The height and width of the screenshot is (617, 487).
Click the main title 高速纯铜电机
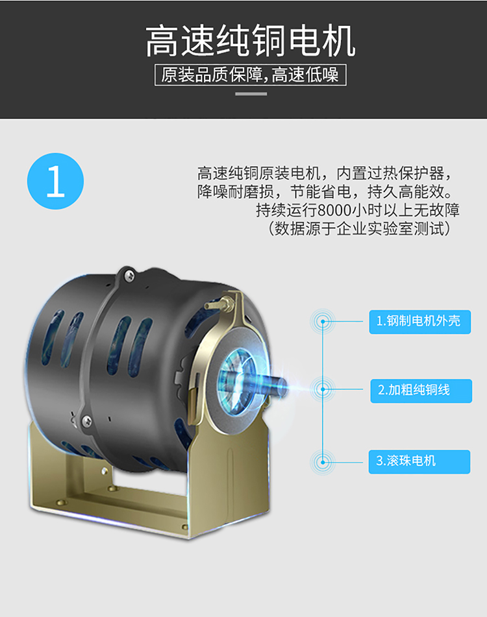click(251, 40)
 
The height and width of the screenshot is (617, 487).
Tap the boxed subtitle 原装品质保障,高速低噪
click(251, 75)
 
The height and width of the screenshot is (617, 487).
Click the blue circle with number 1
click(55, 181)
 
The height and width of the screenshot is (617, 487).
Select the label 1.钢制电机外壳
click(419, 322)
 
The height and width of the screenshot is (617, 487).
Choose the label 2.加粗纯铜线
click(421, 391)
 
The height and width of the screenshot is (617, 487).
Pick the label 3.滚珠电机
click(419, 461)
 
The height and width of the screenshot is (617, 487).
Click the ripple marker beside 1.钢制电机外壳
click(323, 322)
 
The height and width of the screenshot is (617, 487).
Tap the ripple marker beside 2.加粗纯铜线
click(323, 389)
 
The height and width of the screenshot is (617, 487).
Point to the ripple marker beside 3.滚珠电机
click(323, 462)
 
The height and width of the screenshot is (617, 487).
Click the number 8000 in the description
click(334, 210)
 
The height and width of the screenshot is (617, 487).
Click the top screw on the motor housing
click(129, 275)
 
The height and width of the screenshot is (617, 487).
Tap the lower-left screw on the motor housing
click(86, 421)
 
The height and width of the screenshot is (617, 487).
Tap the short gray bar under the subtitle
click(251, 94)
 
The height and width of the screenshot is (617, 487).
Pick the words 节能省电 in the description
click(321, 192)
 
